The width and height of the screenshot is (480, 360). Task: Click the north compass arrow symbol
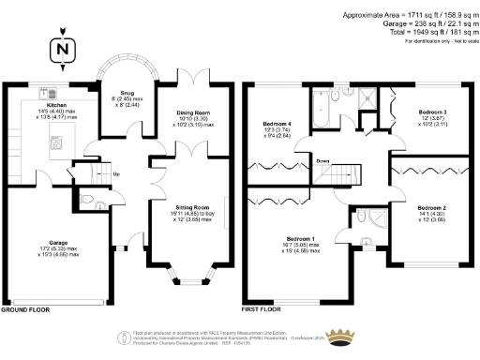(62, 49)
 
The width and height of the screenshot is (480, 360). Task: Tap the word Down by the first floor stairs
(323, 160)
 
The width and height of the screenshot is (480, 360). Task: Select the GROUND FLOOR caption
(23, 307)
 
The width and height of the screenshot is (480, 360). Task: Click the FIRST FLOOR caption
(262, 307)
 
